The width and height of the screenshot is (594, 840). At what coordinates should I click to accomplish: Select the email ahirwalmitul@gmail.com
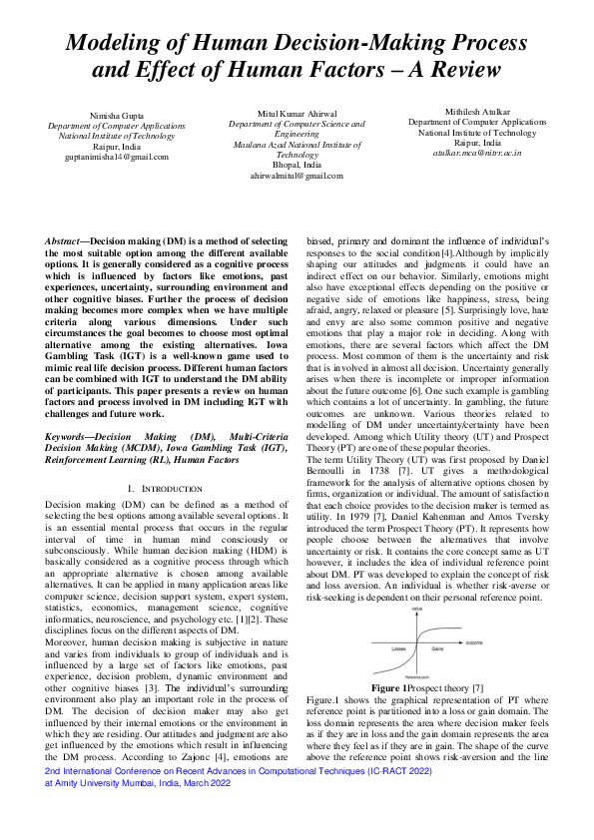click(297, 175)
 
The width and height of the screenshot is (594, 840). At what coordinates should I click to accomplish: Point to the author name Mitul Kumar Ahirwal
click(297, 114)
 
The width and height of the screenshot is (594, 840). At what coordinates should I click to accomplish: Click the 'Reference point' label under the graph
click(403, 675)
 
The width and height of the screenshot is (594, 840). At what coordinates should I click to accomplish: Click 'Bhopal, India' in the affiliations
click(297, 165)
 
